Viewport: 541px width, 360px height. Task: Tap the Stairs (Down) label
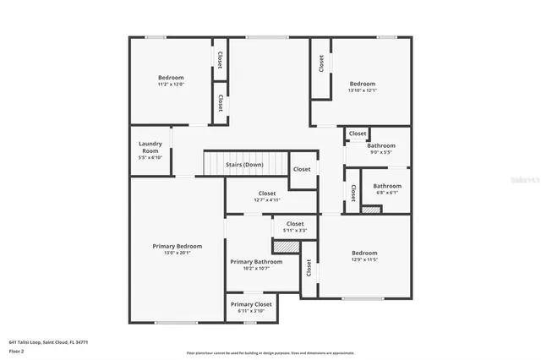(x=244, y=165)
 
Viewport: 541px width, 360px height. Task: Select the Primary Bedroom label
(x=178, y=246)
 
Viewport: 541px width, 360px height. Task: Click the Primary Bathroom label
(x=256, y=262)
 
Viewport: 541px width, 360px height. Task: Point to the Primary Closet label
(x=251, y=303)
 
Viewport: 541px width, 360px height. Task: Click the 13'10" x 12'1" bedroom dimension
(x=363, y=90)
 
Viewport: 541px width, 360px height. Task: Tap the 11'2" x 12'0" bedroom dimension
(x=171, y=85)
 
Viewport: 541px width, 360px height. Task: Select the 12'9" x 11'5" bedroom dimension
(x=364, y=259)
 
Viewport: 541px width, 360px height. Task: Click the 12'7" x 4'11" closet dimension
(x=267, y=200)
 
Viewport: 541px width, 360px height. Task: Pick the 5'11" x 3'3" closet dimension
(x=294, y=230)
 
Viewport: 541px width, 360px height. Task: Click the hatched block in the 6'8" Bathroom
(x=371, y=208)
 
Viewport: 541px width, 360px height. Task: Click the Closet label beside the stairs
(x=302, y=169)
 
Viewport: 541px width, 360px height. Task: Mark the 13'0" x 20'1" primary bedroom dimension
(x=178, y=253)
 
